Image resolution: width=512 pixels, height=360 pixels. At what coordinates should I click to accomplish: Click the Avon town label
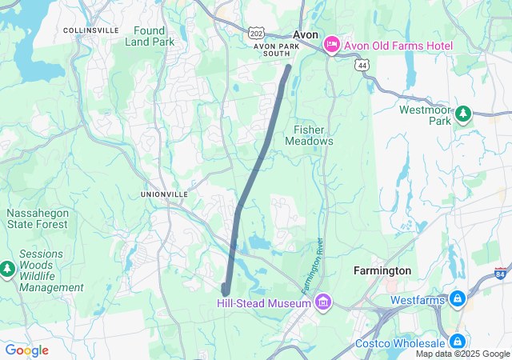306,35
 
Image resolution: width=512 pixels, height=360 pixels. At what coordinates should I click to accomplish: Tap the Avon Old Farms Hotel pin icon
330,46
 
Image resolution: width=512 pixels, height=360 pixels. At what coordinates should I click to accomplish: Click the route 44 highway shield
364,63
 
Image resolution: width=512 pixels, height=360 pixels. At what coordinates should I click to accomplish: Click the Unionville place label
164,194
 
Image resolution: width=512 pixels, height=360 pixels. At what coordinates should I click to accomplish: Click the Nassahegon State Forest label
38,219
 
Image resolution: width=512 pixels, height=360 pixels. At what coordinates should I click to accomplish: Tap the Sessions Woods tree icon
8,269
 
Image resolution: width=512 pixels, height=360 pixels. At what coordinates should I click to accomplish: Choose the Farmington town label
382,270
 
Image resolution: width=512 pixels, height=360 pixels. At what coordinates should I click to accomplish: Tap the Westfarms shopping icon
457,300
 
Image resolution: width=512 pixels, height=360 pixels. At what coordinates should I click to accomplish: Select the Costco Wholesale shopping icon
457,342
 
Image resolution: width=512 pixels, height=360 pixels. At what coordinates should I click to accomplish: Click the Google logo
26,350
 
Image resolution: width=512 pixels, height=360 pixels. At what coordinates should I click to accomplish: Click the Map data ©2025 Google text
462,354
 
